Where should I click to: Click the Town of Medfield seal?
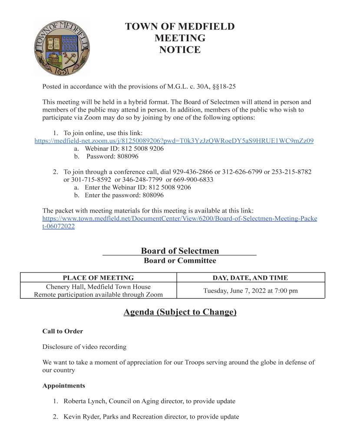click(61, 47)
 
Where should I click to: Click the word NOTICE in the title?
click(180, 50)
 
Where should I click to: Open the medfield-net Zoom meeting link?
click(174, 140)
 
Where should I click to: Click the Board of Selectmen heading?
click(180, 251)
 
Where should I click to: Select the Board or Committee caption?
click(180, 261)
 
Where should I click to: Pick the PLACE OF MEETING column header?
click(98, 278)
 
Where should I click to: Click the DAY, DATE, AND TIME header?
click(250, 278)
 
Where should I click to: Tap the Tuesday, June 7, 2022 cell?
click(251, 290)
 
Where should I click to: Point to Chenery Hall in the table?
click(66, 287)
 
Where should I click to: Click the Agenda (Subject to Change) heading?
click(180, 312)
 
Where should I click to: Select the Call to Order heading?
click(63, 331)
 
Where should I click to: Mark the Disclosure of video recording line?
click(84, 347)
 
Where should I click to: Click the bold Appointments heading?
click(63, 385)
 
